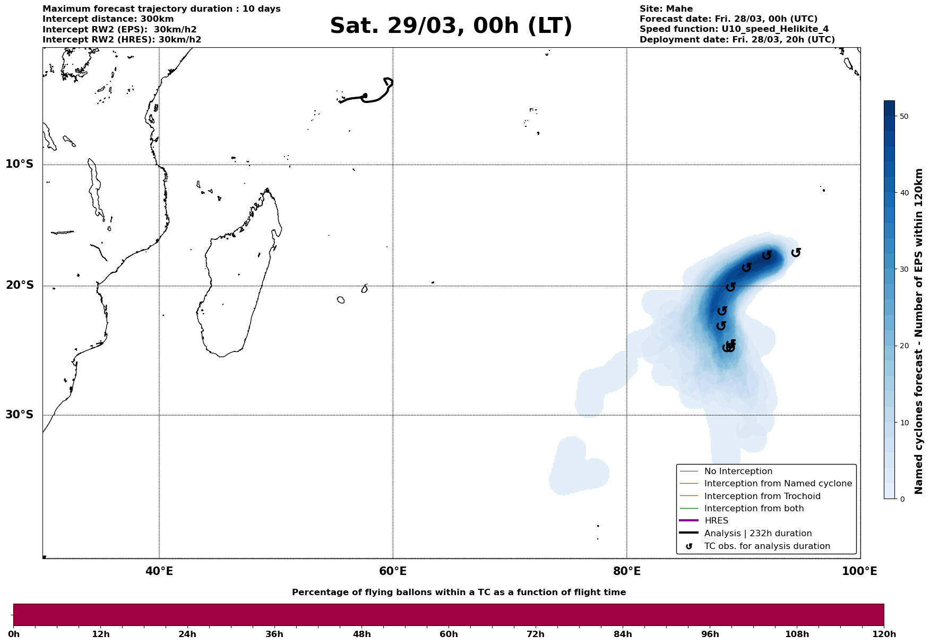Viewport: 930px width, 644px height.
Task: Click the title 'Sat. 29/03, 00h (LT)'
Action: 451,27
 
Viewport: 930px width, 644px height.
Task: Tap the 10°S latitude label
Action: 20,164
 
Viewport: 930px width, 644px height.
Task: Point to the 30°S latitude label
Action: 20,415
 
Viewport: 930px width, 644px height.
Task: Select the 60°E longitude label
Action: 393,572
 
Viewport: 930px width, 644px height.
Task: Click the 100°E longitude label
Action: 859,572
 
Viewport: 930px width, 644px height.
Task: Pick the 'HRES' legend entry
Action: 716,521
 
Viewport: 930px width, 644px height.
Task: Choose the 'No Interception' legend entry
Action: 738,471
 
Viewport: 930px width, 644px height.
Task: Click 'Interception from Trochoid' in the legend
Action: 762,496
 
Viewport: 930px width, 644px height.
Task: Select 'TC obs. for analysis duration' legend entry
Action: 767,546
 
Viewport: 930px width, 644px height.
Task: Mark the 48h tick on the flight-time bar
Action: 362,634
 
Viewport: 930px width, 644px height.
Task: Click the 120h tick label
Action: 883,634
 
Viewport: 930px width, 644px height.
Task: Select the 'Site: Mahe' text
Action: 666,9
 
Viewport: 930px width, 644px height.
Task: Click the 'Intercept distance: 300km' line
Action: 108,19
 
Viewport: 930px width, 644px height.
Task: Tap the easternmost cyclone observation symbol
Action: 796,252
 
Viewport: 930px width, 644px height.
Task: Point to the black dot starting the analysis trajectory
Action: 365,96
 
